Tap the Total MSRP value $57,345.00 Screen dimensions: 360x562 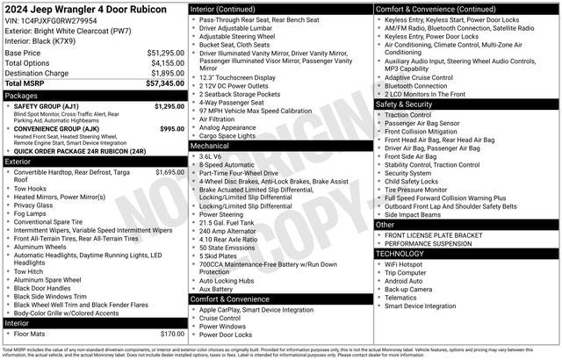point(165,83)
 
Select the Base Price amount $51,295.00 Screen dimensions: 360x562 point(165,53)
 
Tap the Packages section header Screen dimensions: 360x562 point(21,95)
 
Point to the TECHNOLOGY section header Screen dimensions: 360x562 point(405,253)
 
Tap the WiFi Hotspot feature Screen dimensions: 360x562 point(403,264)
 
